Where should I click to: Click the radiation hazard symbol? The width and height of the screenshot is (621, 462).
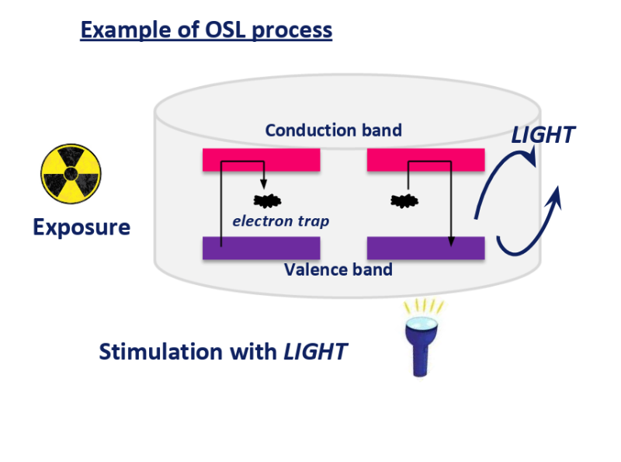click(71, 174)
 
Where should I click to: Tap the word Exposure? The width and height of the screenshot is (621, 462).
click(82, 228)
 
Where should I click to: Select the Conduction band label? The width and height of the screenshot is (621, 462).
click(334, 130)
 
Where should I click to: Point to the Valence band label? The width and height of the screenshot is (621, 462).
click(338, 270)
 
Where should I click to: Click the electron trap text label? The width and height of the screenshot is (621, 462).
click(281, 221)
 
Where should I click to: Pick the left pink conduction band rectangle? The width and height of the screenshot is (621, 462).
click(262, 160)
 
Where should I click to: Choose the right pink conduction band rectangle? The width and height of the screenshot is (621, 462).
click(425, 160)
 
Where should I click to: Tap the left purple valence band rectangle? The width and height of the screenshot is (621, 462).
click(262, 248)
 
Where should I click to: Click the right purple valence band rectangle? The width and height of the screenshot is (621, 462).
click(425, 248)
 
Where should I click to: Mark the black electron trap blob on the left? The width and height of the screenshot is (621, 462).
click(267, 201)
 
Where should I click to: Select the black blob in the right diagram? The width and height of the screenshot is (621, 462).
click(404, 201)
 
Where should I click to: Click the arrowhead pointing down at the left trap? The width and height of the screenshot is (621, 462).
click(263, 184)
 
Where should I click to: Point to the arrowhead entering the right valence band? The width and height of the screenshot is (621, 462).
click(451, 241)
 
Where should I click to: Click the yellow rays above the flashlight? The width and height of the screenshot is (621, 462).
click(423, 307)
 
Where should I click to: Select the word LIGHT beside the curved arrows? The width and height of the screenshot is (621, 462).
click(543, 135)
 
